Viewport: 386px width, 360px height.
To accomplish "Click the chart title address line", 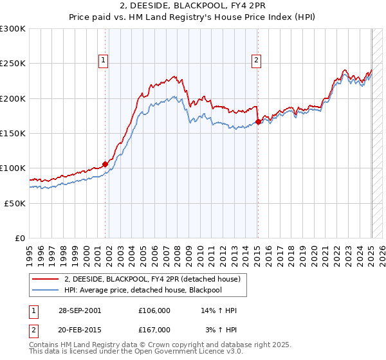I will [x=193, y=6].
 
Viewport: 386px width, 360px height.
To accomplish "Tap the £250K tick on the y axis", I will [x=13, y=64].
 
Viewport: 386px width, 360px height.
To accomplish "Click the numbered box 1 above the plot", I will [x=104, y=60].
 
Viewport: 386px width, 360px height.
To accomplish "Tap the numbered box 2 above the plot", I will [x=256, y=60].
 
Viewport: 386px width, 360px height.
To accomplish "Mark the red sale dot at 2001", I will [x=105, y=164].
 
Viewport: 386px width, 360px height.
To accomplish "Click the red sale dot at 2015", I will [x=258, y=122].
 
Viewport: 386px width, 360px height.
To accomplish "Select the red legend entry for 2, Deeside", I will [x=152, y=278].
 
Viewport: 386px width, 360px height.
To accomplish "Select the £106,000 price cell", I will [x=154, y=310].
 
